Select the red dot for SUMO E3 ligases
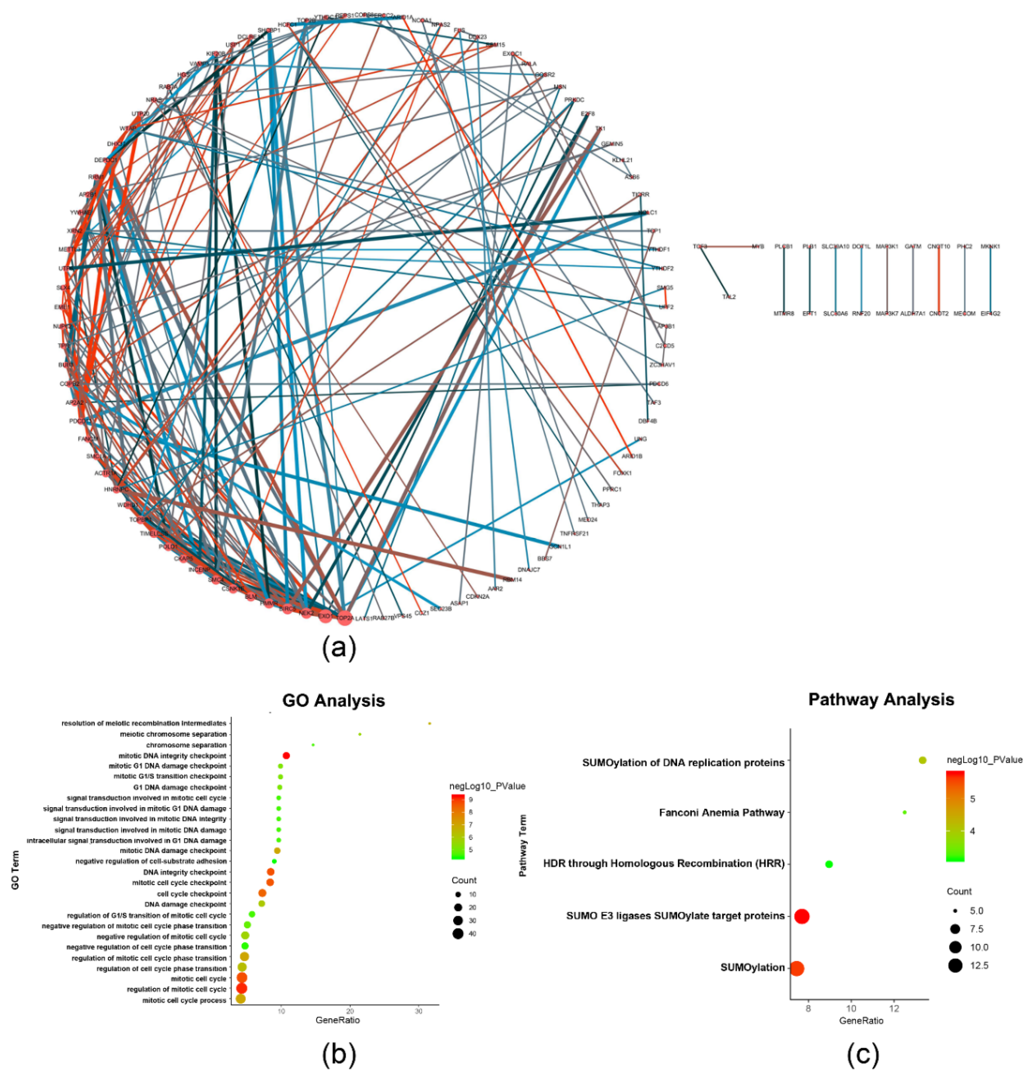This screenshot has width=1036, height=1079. click(x=802, y=916)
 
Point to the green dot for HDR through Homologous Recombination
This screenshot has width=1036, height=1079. click(x=828, y=864)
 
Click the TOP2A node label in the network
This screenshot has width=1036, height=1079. click(x=345, y=618)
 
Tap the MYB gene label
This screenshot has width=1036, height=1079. click(x=758, y=247)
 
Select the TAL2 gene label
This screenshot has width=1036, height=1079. click(x=729, y=297)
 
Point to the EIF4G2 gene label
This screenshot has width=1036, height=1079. click(x=990, y=314)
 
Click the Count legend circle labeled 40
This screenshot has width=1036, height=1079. click(x=457, y=934)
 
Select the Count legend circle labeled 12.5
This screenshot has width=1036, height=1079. click(x=955, y=966)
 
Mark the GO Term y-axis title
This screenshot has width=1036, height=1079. click(x=15, y=870)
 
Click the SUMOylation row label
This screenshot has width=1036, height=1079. click(x=752, y=967)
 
